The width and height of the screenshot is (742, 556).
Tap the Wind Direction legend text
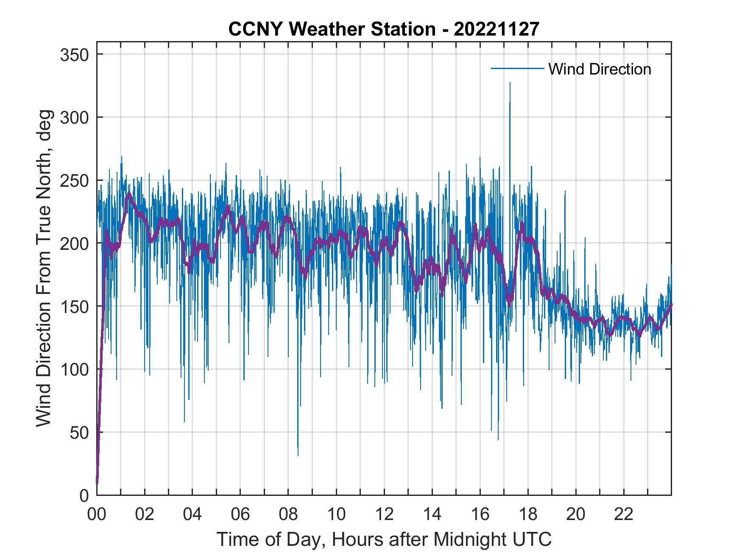[x=600, y=69]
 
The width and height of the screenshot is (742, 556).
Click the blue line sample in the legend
[x=517, y=69]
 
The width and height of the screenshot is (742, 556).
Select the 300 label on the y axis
[x=75, y=117]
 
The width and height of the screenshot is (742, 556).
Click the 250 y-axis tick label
[x=75, y=180]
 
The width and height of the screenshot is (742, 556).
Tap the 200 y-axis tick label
[x=75, y=243]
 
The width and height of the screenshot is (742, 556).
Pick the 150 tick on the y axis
[x=75, y=307]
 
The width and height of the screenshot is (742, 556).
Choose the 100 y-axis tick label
[x=75, y=369]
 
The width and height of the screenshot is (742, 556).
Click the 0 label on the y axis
[x=84, y=495]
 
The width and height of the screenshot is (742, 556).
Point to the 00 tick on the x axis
[x=97, y=515]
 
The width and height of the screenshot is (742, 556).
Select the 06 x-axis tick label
[x=240, y=515]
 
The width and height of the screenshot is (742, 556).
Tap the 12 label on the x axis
[x=384, y=515]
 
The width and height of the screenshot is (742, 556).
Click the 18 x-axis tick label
[x=528, y=515]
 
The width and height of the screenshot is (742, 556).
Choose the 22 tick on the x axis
[x=624, y=515]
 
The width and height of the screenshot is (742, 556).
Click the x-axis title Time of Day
[x=384, y=539]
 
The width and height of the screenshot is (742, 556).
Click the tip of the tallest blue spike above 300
[x=510, y=83]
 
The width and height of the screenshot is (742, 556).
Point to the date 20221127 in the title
[x=496, y=29]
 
